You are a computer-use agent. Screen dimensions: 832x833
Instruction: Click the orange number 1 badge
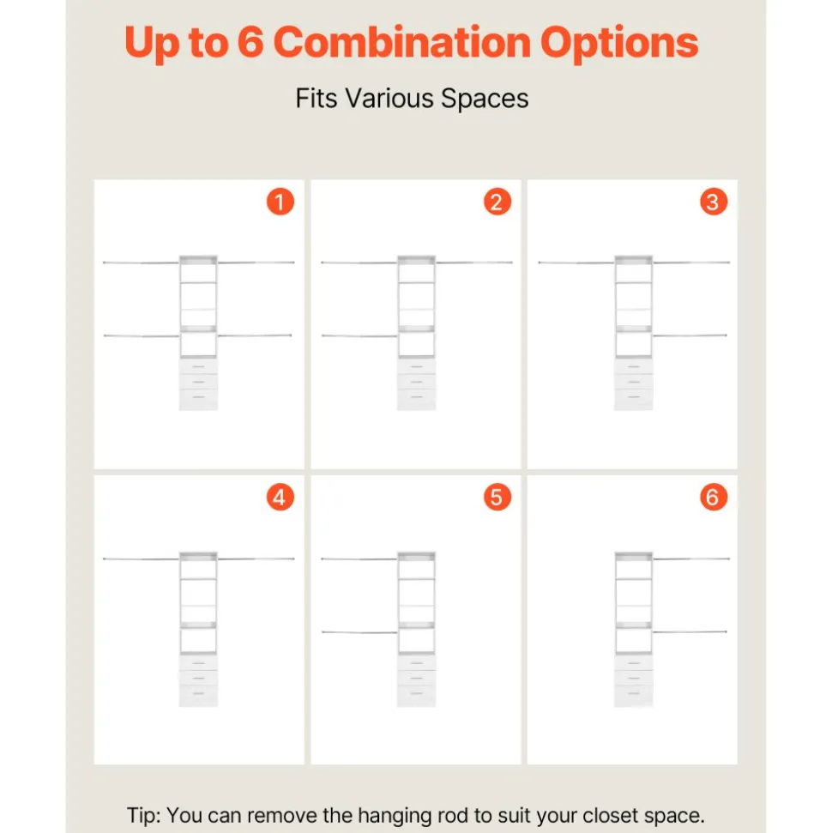[x=280, y=202]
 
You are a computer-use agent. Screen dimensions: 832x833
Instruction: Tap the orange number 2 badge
[x=497, y=202]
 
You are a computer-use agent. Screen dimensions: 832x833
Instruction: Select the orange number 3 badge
[x=714, y=202]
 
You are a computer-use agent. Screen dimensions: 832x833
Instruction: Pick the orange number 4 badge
[x=280, y=498]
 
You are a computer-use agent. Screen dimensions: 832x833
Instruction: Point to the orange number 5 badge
[x=497, y=498]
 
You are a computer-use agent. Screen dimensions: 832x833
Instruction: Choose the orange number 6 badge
[x=714, y=498]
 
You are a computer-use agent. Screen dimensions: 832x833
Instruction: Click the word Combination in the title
[x=401, y=43]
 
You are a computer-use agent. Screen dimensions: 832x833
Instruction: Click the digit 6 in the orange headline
[x=250, y=43]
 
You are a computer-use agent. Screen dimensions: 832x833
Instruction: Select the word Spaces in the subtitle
[x=485, y=100]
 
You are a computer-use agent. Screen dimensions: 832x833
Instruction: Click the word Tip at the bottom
[x=143, y=815]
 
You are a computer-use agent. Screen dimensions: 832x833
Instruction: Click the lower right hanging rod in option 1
[x=255, y=335]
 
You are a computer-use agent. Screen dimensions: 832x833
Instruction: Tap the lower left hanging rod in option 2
[x=359, y=335]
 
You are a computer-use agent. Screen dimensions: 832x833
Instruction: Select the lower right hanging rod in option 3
[x=690, y=335]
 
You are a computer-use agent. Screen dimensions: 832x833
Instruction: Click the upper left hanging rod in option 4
[x=142, y=558]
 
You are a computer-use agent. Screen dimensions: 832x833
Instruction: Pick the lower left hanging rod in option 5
[x=359, y=632]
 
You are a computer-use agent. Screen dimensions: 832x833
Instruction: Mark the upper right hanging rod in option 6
[x=691, y=558]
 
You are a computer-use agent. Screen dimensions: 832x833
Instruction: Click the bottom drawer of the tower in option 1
[x=198, y=399]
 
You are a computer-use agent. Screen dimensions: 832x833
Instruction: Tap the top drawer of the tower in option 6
[x=633, y=663]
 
